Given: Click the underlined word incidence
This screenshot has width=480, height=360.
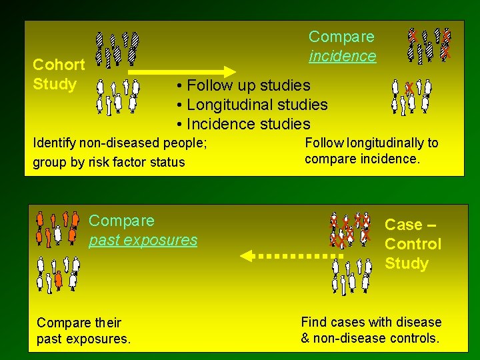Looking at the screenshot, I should [342, 56].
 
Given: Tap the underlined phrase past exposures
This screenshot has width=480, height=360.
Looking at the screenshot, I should [143, 240].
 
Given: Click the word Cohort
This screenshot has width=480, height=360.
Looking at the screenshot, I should [59, 65].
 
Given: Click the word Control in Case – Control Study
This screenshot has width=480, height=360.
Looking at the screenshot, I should [413, 244].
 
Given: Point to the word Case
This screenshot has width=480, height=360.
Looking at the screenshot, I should [403, 225].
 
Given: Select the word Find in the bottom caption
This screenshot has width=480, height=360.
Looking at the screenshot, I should [314, 323].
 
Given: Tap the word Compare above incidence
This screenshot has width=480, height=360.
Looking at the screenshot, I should [341, 37].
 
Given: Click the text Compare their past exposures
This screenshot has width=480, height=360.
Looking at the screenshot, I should [83, 331].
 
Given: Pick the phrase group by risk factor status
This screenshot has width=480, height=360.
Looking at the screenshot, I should [108, 162].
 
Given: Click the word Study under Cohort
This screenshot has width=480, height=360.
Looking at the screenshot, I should [55, 85].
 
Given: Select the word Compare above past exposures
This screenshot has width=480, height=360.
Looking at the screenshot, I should [121, 221].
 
